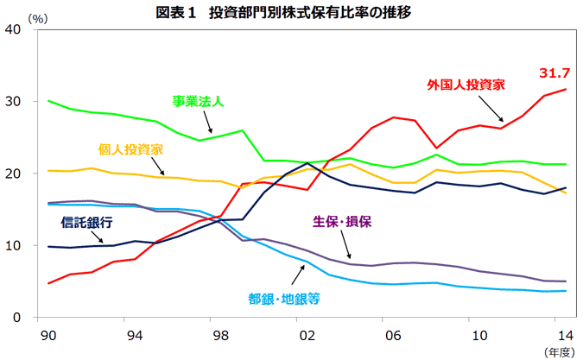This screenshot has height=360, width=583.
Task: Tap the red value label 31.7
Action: tap(554, 73)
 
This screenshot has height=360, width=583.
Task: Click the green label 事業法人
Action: tap(198, 102)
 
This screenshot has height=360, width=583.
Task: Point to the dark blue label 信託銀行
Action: tap(87, 223)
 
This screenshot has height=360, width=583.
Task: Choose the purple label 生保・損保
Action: tap(341, 222)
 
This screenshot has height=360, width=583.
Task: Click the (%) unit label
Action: tap(38, 16)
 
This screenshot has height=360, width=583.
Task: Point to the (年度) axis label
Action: tap(558, 351)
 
